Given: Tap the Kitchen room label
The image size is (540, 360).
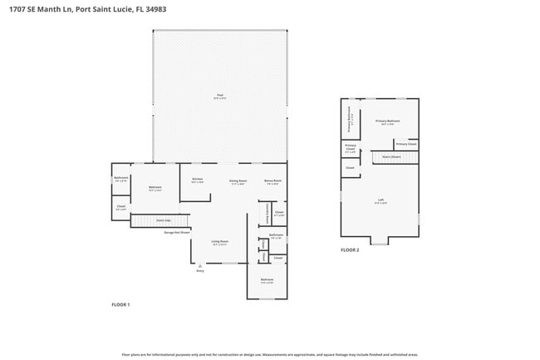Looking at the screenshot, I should point(198,180).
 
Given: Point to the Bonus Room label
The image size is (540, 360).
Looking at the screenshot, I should point(272,180).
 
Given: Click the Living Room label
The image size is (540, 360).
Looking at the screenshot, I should point(219,242).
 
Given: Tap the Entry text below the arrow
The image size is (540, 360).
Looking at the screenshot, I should point(199,271).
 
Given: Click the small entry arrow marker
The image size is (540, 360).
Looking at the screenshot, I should point(199,266).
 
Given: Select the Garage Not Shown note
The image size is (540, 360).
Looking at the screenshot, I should point(176,233).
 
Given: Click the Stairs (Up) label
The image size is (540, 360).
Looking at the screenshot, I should point(164,220).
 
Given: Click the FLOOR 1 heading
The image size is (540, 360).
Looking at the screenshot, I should point(120,305).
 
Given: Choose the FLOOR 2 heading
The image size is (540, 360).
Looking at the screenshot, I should point(350,249).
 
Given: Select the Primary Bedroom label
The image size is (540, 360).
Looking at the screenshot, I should point(388,122).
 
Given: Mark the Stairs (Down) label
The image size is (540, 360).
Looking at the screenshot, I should point(391,155).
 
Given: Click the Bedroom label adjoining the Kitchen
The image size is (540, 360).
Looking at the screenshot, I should point(155,188).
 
